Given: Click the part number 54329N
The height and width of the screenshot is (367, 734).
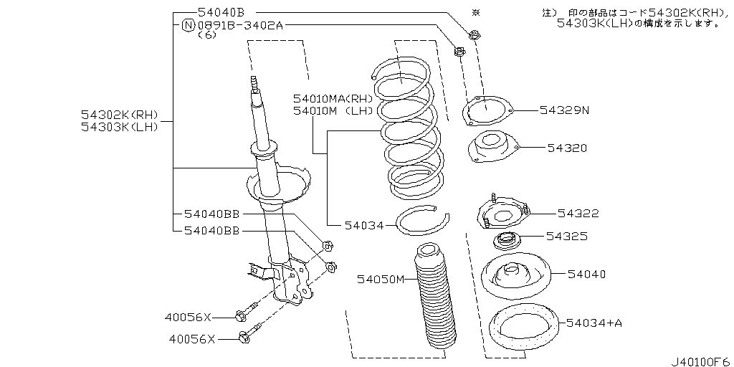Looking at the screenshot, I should [x=563, y=110].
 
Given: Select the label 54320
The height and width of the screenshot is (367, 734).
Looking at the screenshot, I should [x=567, y=148].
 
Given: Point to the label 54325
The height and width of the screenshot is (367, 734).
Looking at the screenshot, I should [x=567, y=235].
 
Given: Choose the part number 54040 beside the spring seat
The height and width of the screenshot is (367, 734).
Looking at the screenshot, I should [x=586, y=274].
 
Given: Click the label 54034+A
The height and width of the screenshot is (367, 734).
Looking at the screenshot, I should [x=594, y=323].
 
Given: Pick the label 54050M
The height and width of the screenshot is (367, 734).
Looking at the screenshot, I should [x=381, y=279].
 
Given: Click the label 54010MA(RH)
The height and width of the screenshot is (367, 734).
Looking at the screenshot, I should [x=333, y=98].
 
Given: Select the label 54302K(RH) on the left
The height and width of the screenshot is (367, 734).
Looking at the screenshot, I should [x=119, y=115].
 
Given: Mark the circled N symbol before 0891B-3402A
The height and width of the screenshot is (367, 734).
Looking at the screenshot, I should [x=188, y=25].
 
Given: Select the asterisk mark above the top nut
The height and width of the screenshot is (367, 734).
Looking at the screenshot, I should [x=474, y=13].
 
